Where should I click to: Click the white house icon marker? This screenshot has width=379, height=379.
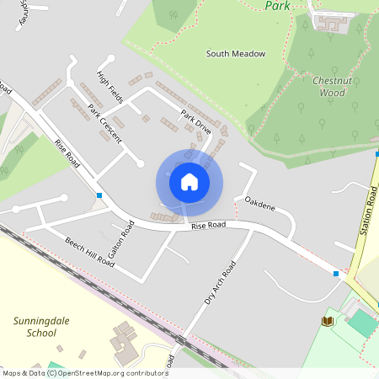(189, 181)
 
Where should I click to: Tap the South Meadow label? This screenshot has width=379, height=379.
(236, 54)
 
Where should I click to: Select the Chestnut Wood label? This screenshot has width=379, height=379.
(329, 87)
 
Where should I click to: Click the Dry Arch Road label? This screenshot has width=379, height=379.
(220, 282)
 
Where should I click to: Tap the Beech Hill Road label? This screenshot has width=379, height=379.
(89, 251)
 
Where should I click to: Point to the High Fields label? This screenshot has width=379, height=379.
(110, 88)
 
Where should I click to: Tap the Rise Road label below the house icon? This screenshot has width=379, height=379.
(208, 226)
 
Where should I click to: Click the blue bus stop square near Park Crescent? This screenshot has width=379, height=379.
(99, 195)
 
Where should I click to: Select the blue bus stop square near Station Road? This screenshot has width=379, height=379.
(336, 273)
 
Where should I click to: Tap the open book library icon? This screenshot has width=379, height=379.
(327, 321)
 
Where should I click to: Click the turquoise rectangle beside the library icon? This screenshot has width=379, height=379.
(361, 321)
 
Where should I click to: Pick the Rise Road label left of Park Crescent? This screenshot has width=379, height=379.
(67, 152)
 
